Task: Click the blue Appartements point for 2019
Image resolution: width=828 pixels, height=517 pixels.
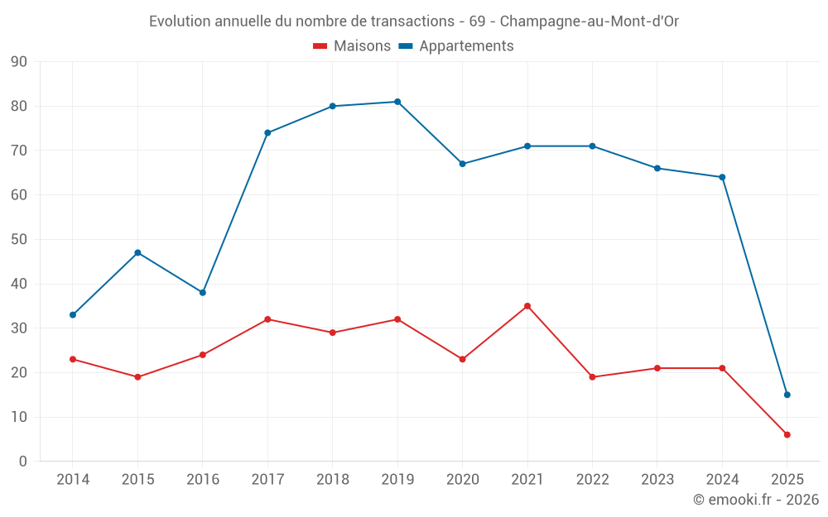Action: (397, 102)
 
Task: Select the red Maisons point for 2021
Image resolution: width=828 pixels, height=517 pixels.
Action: (527, 306)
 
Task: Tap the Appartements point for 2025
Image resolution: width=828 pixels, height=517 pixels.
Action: (787, 395)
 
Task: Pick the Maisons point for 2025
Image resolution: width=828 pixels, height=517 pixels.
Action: (787, 434)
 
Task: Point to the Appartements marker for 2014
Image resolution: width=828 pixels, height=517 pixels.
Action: (73, 315)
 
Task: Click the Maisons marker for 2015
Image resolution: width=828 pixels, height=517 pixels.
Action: (137, 377)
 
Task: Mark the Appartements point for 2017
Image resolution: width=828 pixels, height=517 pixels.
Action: (267, 132)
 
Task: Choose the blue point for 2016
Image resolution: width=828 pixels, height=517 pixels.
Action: (203, 293)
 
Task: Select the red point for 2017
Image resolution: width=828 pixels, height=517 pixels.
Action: (267, 319)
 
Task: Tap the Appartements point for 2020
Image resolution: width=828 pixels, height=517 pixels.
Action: (462, 164)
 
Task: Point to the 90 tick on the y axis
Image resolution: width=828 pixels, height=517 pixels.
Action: (19, 62)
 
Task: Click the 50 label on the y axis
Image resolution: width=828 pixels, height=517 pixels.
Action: (19, 240)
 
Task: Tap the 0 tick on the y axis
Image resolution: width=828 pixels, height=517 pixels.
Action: (23, 462)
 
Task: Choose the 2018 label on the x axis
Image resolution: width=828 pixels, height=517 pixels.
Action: (332, 480)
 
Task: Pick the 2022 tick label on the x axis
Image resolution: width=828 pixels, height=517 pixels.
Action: (592, 480)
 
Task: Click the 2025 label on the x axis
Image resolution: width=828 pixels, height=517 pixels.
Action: (787, 480)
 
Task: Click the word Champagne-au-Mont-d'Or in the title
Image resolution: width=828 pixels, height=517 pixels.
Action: (590, 22)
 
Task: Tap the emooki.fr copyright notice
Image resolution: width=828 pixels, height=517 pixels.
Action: (755, 500)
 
